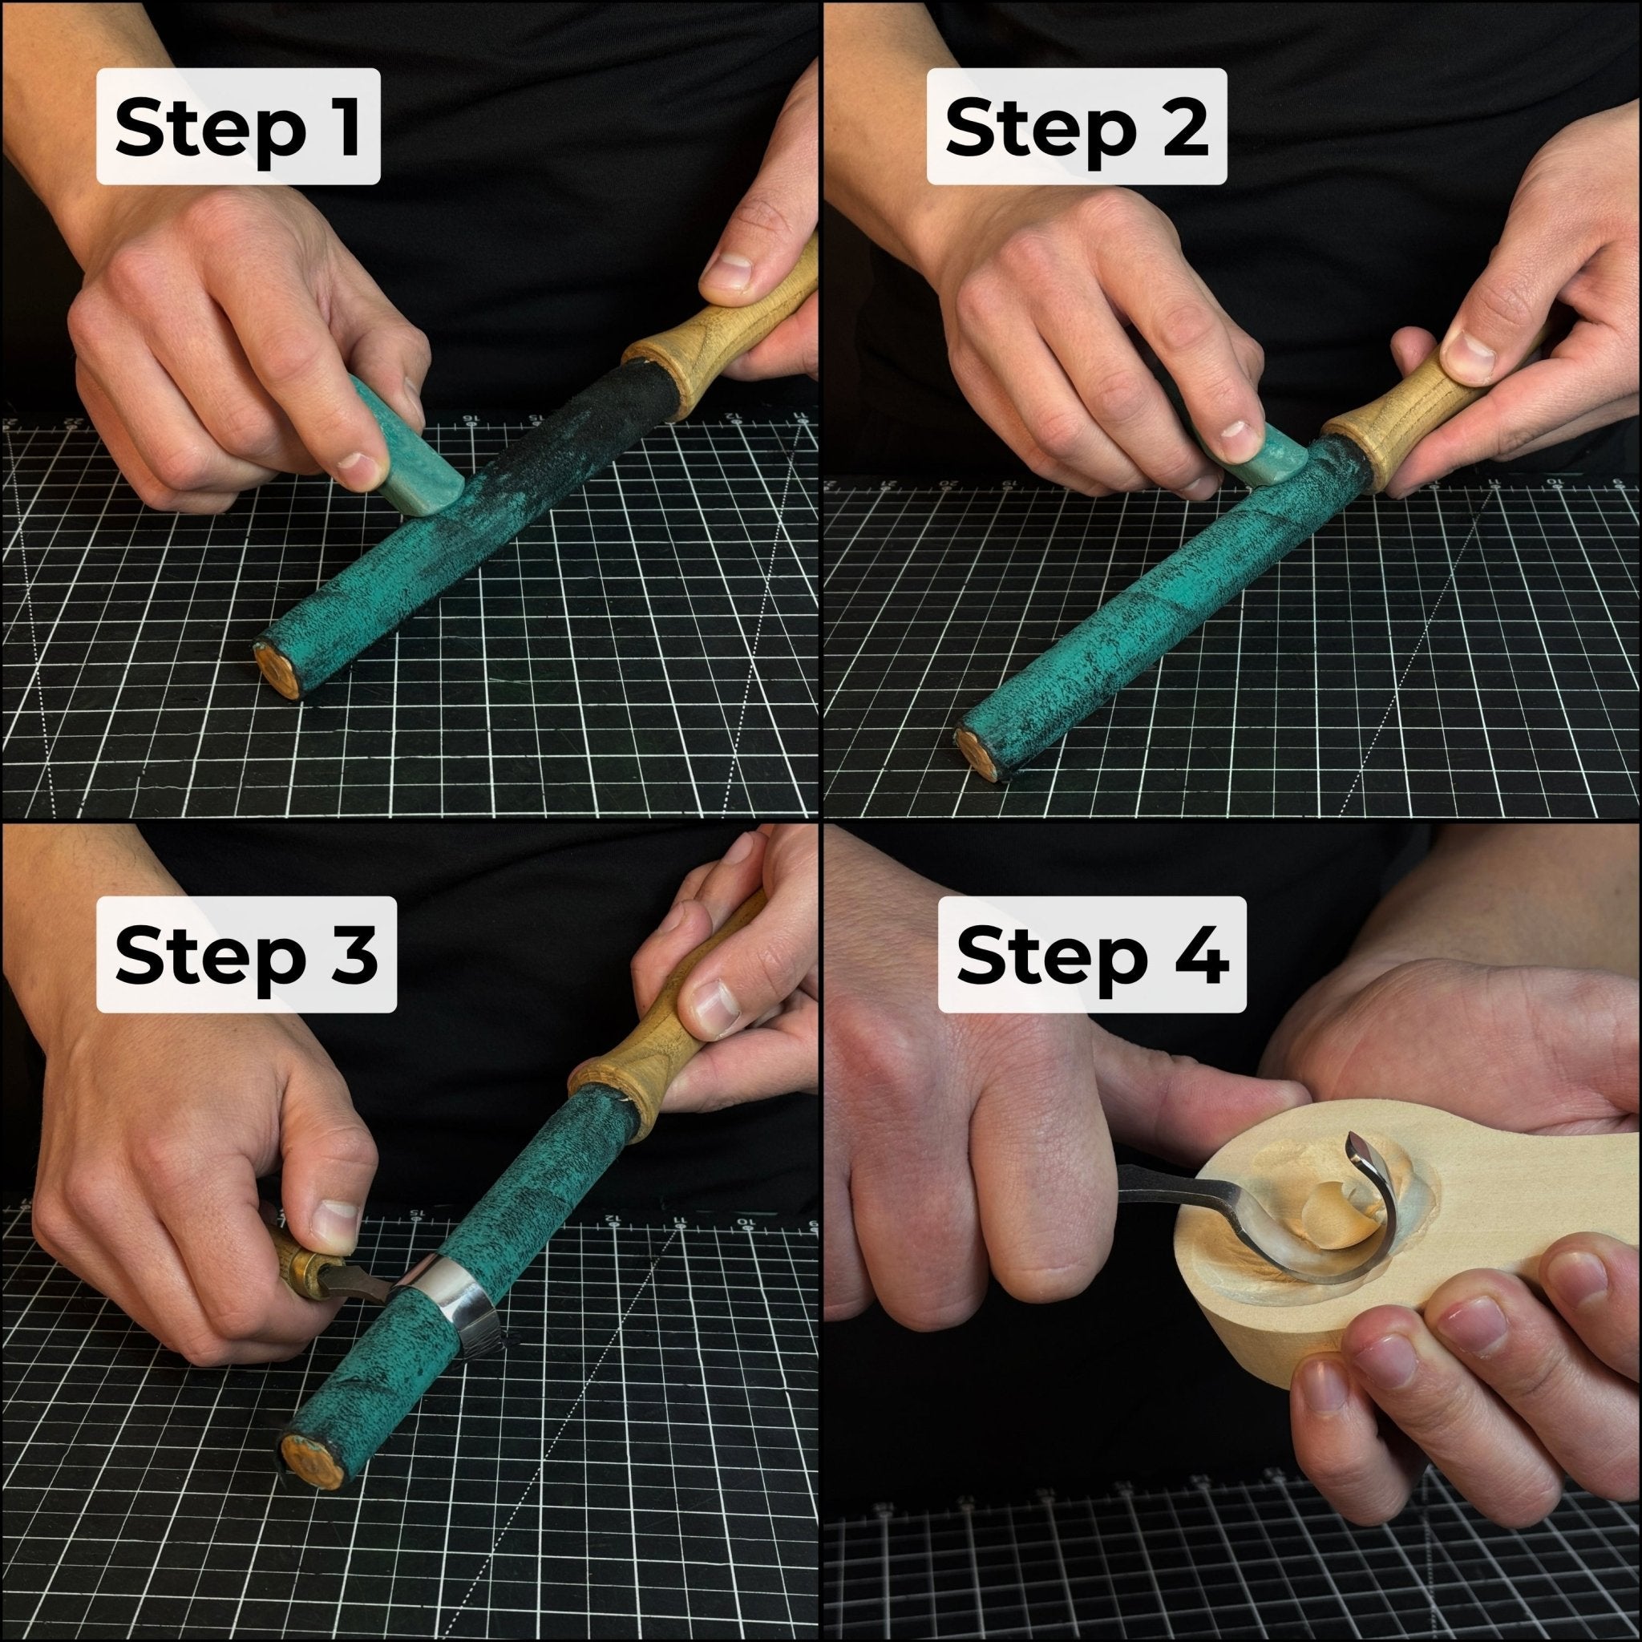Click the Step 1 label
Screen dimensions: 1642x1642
pyautogui.click(x=238, y=127)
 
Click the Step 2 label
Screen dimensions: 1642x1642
pyautogui.click(x=1076, y=127)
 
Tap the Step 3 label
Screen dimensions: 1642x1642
pyautogui.click(x=245, y=954)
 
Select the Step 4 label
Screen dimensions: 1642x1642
pyautogui.click(x=1092, y=954)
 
